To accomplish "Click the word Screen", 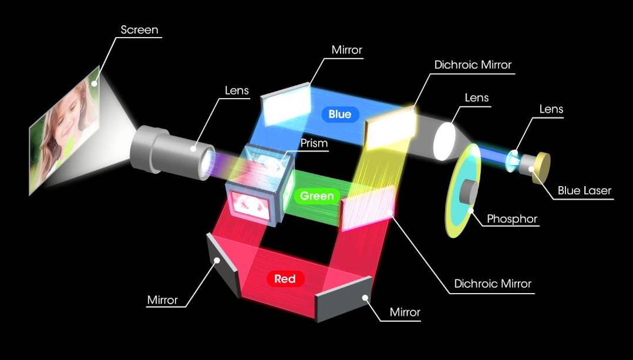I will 139,29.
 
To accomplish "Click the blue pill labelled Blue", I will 339,115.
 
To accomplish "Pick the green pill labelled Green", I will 316,196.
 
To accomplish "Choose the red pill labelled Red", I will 285,279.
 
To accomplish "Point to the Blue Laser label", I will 584,190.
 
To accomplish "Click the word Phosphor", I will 511,219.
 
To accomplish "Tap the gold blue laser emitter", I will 540,168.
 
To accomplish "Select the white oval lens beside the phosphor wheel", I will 445,141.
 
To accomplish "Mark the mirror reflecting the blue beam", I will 286,105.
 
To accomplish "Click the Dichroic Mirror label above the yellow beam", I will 473,65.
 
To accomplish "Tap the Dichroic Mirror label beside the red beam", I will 492,284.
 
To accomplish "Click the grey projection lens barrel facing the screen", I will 170,150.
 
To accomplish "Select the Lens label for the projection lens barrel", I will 237,90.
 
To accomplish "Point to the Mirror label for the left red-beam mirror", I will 162,300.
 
